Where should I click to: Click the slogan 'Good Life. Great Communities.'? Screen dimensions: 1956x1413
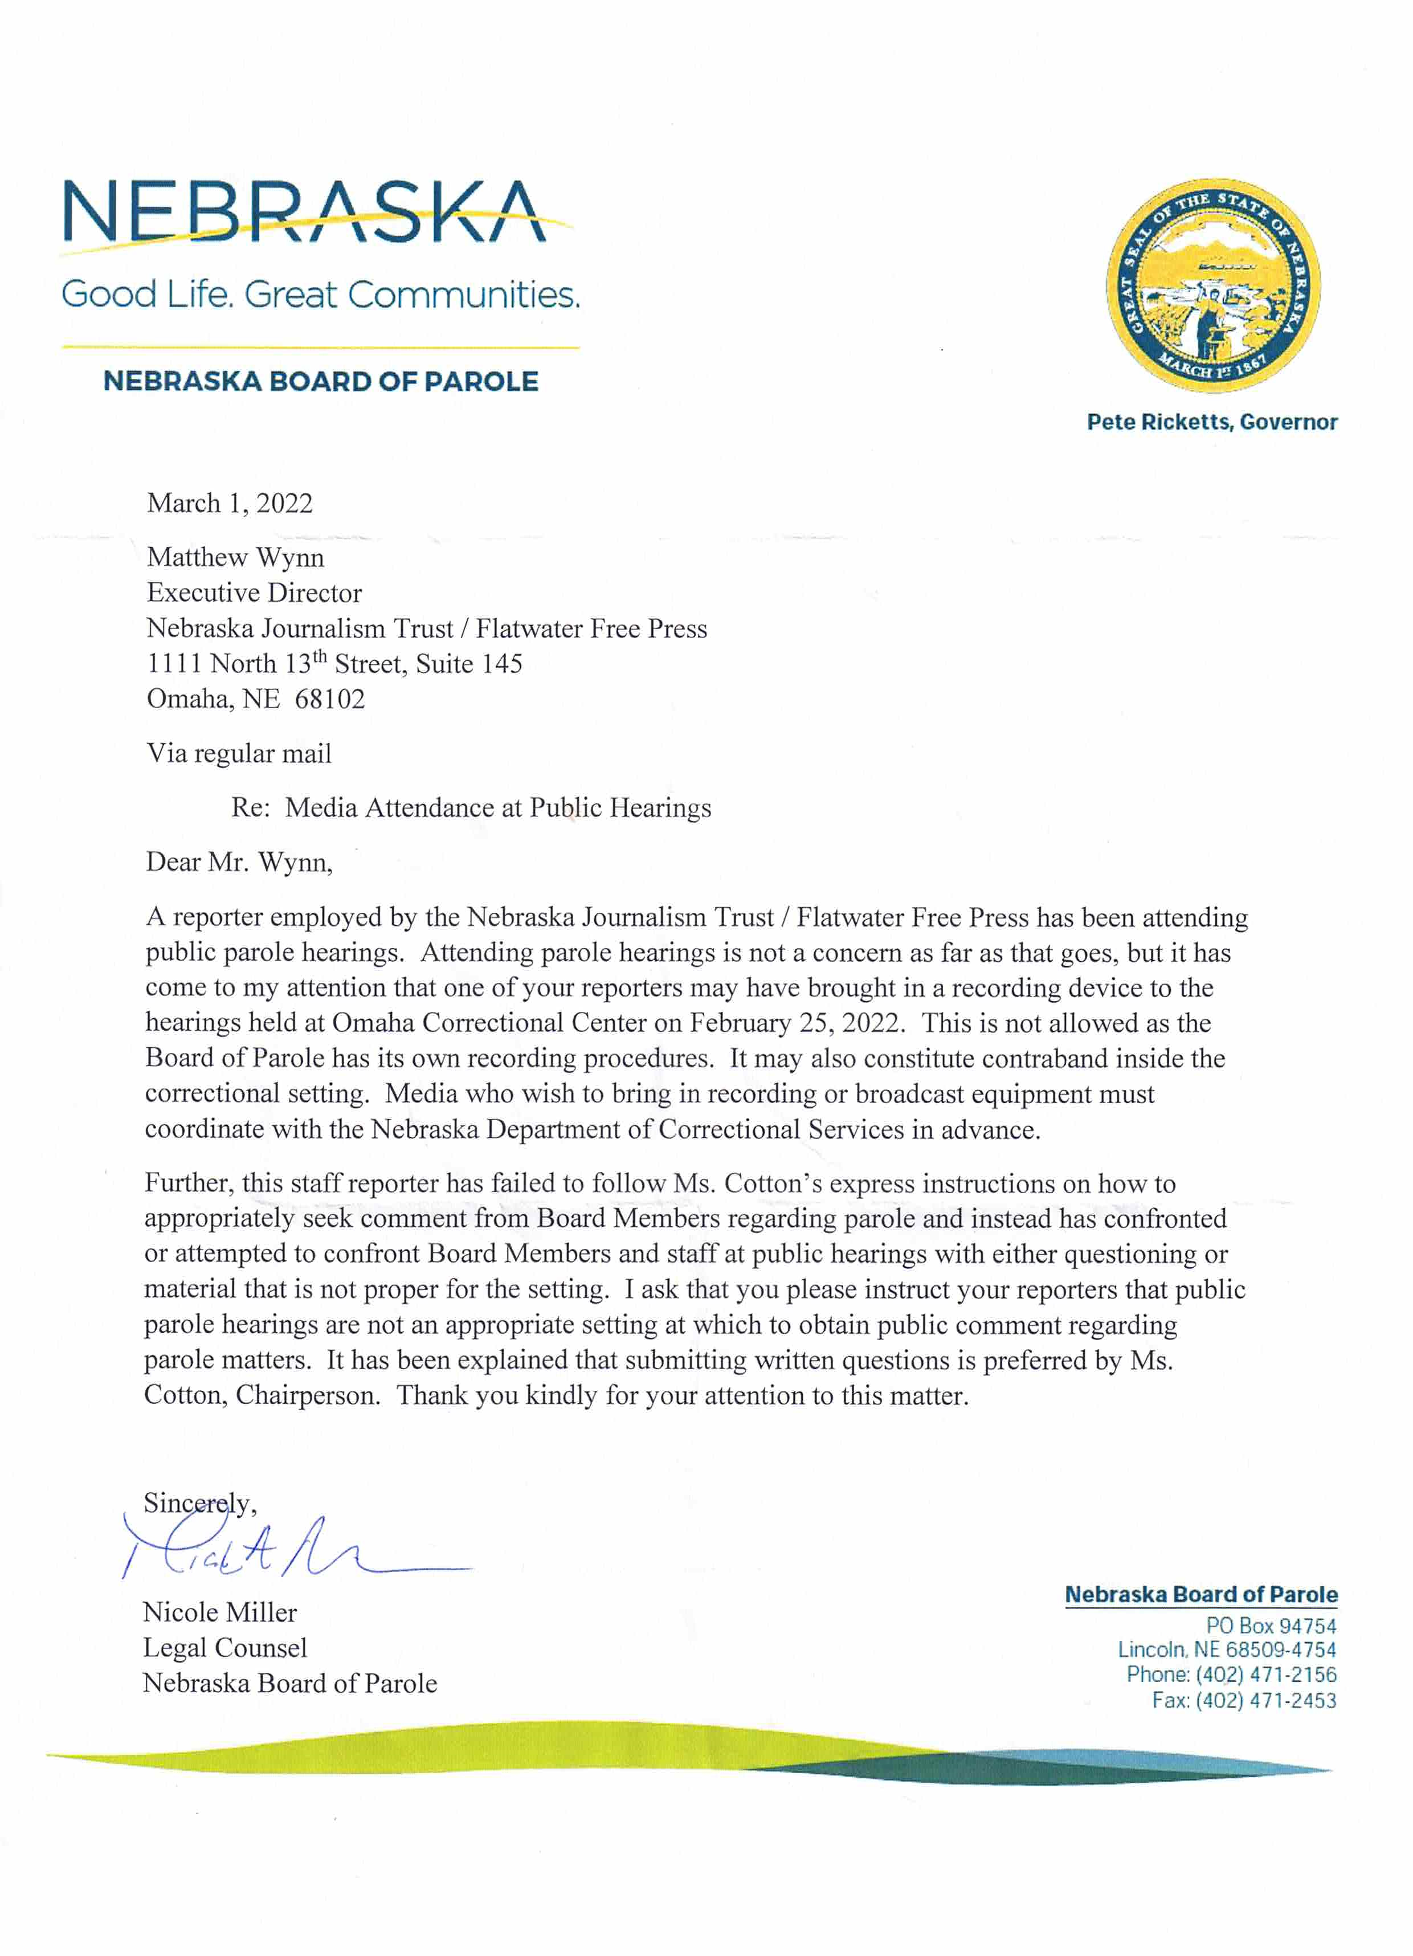point(320,295)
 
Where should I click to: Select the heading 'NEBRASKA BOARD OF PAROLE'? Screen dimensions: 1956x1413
point(320,381)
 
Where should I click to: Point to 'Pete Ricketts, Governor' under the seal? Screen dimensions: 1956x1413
point(1211,422)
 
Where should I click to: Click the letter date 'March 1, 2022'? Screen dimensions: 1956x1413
point(230,504)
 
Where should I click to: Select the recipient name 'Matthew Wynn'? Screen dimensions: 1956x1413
point(235,558)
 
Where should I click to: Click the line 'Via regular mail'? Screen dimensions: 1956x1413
point(239,754)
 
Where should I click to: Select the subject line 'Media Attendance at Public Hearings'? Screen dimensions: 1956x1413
point(498,808)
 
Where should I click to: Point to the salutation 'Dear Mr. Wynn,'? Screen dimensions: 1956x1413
point(239,863)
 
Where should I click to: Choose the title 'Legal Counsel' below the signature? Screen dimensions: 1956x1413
point(224,1648)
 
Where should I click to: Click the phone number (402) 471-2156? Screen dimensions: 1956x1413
point(1265,1675)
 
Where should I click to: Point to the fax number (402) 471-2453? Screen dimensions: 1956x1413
point(1265,1701)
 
